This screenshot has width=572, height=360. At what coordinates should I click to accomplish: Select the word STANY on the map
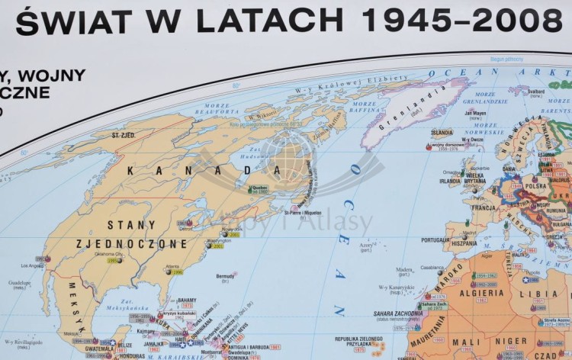[132, 225]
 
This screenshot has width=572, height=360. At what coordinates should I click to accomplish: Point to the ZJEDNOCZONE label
[131, 244]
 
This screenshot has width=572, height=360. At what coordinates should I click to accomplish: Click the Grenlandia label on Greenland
[415, 114]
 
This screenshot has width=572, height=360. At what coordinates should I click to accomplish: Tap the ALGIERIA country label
[481, 293]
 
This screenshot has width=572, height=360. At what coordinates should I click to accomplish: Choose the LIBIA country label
[544, 294]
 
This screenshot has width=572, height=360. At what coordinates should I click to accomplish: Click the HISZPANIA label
[463, 244]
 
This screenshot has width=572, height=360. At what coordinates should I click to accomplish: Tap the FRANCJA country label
[483, 207]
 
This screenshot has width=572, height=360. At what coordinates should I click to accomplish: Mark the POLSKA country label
[535, 185]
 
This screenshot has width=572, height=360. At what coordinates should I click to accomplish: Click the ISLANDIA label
[442, 132]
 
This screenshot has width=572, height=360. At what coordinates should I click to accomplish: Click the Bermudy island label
[226, 276]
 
